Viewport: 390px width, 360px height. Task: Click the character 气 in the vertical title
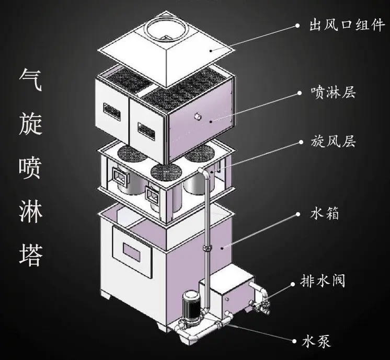(31, 83)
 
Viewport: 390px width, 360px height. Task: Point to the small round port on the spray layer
(198, 116)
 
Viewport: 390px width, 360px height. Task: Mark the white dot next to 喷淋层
(299, 94)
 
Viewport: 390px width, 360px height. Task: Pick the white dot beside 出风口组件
(297, 26)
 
